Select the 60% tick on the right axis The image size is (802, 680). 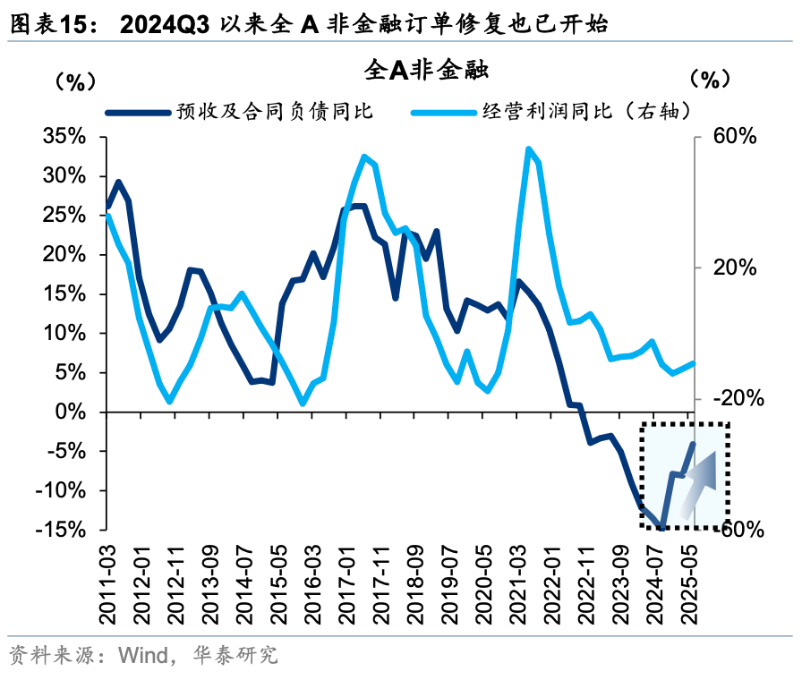pos(735,137)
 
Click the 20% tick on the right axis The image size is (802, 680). pos(735,268)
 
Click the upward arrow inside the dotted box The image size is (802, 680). pos(697,484)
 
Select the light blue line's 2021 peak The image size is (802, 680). pos(528,149)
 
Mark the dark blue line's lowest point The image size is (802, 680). pos(661,528)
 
